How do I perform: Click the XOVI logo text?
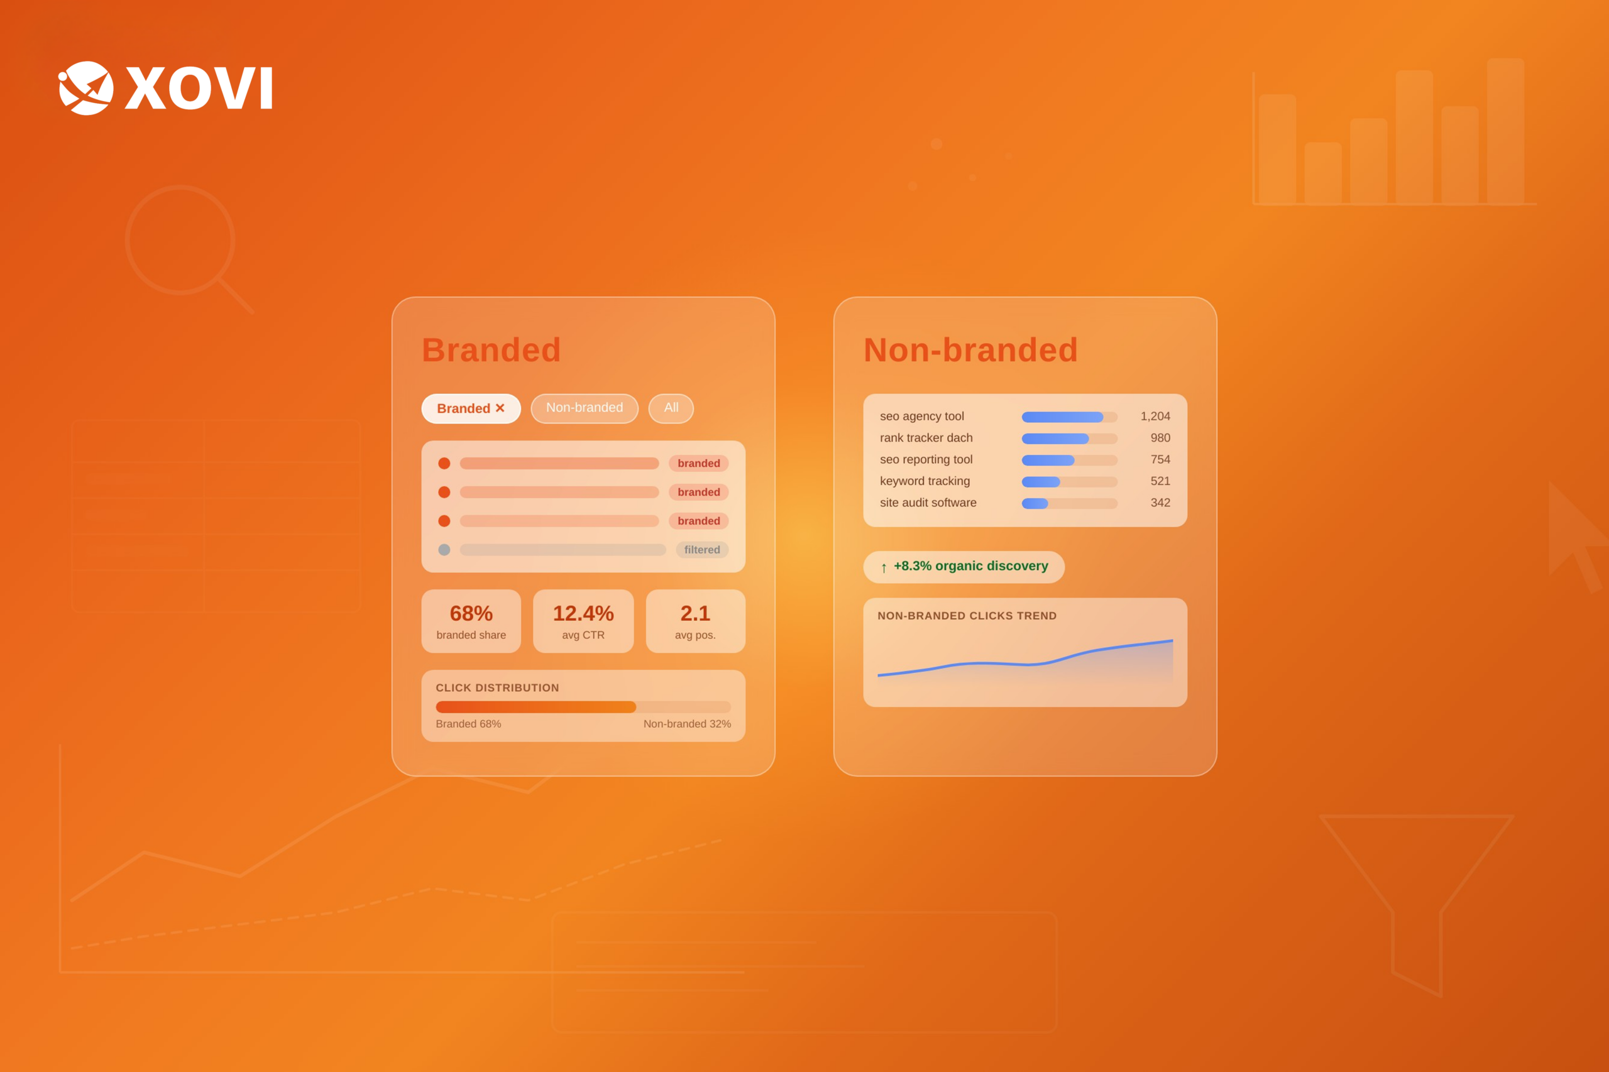click(x=200, y=88)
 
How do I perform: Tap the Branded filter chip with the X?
click(x=471, y=408)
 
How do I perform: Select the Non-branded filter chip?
click(x=585, y=408)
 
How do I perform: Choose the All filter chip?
click(x=671, y=408)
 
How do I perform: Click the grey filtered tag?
click(x=702, y=550)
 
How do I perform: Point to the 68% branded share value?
click(x=471, y=613)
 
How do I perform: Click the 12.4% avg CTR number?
click(x=583, y=613)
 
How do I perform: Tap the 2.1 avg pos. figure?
click(x=695, y=613)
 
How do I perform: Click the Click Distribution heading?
click(x=497, y=688)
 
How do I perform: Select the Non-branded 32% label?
click(x=687, y=724)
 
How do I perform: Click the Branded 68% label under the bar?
click(x=468, y=724)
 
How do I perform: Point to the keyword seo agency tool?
click(x=922, y=417)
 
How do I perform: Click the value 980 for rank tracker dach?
click(x=1160, y=437)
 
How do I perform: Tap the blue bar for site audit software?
click(x=1035, y=503)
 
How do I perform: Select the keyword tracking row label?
click(x=925, y=481)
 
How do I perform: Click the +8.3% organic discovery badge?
click(x=964, y=567)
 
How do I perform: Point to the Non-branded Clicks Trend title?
click(x=967, y=616)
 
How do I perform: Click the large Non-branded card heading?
click(x=970, y=350)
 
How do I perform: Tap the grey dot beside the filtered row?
click(x=444, y=550)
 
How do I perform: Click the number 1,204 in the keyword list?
click(x=1155, y=417)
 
